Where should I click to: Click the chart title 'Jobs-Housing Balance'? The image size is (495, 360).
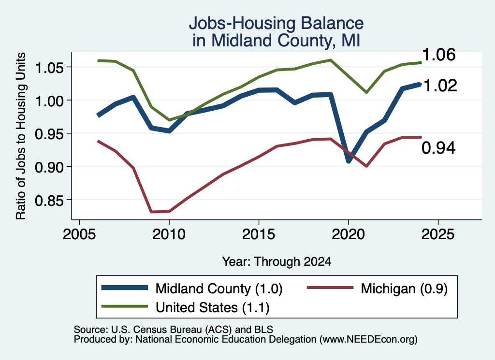pyautogui.click(x=276, y=23)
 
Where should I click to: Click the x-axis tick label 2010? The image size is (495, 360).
pyautogui.click(x=169, y=234)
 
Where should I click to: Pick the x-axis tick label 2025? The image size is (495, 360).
pyautogui.click(x=438, y=234)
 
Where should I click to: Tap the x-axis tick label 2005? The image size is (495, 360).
pyautogui.click(x=79, y=234)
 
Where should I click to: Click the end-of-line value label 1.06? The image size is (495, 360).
pyautogui.click(x=439, y=55)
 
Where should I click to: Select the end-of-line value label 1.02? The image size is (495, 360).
pyautogui.click(x=440, y=86)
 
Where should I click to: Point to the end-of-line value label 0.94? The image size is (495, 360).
pyautogui.click(x=438, y=148)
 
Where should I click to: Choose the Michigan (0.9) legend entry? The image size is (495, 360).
pyautogui.click(x=377, y=288)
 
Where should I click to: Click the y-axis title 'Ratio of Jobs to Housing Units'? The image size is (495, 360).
pyautogui.click(x=21, y=136)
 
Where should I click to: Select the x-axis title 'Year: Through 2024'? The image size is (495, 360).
pyautogui.click(x=277, y=261)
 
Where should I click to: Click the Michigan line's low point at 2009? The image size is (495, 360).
pyautogui.click(x=151, y=212)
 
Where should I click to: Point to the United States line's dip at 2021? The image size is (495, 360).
pyautogui.click(x=366, y=92)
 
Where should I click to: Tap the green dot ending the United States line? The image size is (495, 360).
pyautogui.click(x=420, y=63)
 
